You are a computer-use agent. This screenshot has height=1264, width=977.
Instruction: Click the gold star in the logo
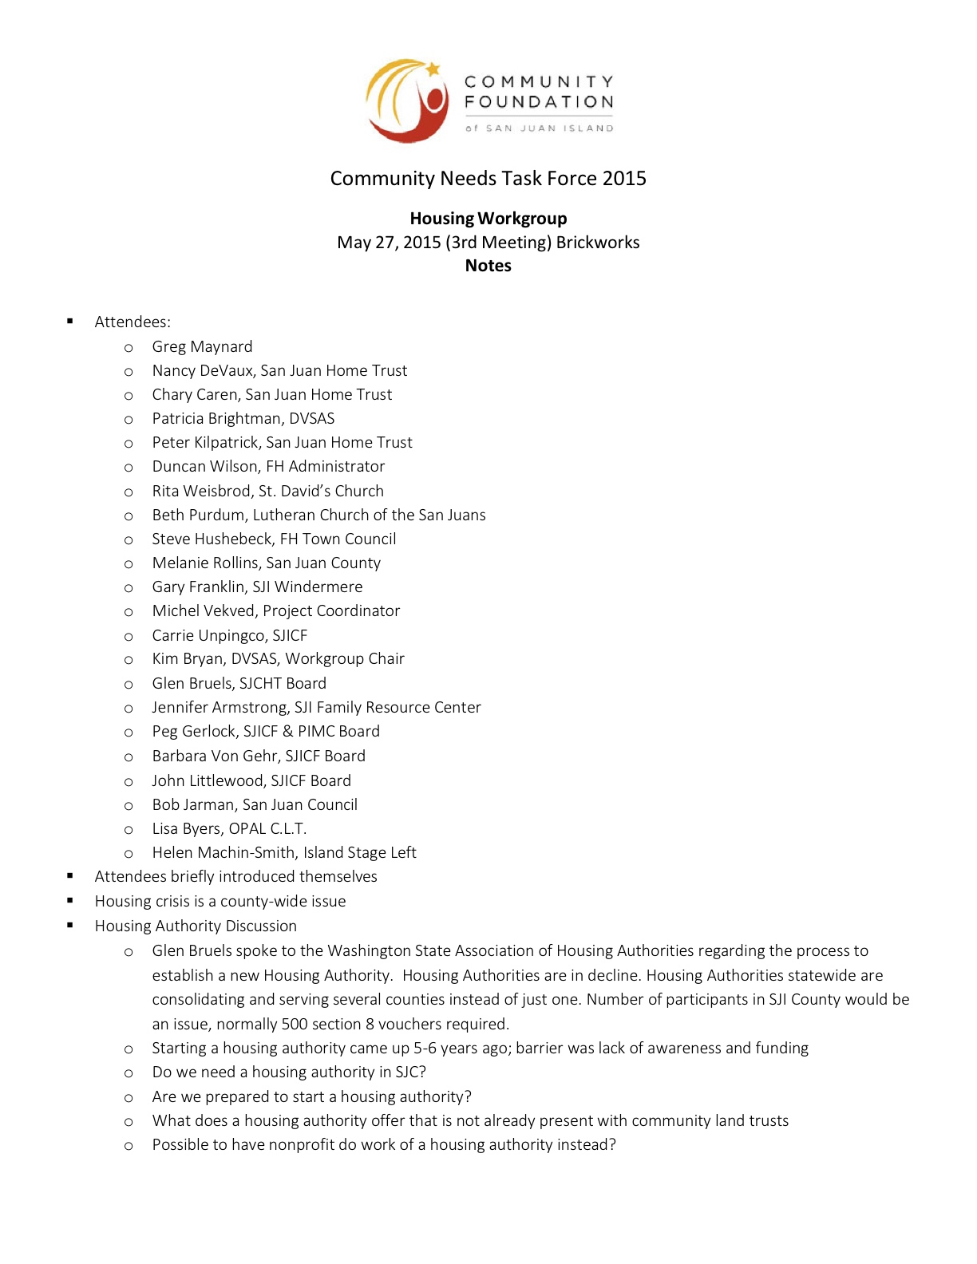pyautogui.click(x=433, y=69)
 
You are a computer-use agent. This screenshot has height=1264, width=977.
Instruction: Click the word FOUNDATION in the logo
pyautogui.click(x=539, y=102)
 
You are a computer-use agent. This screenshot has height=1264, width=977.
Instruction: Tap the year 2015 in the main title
pyautogui.click(x=624, y=178)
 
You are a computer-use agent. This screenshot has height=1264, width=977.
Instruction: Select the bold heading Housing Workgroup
pyautogui.click(x=489, y=219)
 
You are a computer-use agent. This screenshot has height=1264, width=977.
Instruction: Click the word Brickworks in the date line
pyautogui.click(x=598, y=243)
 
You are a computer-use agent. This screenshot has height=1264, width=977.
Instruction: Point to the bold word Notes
pyautogui.click(x=489, y=266)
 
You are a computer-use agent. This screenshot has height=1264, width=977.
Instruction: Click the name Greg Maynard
pyautogui.click(x=202, y=346)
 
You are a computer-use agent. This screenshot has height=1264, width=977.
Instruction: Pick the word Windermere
pyautogui.click(x=318, y=587)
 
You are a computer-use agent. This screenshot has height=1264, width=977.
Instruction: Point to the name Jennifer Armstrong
pyautogui.click(x=220, y=707)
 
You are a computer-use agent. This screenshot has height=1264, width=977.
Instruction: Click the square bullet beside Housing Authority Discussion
pyautogui.click(x=70, y=926)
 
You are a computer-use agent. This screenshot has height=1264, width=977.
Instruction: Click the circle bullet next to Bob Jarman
pyautogui.click(x=129, y=805)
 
